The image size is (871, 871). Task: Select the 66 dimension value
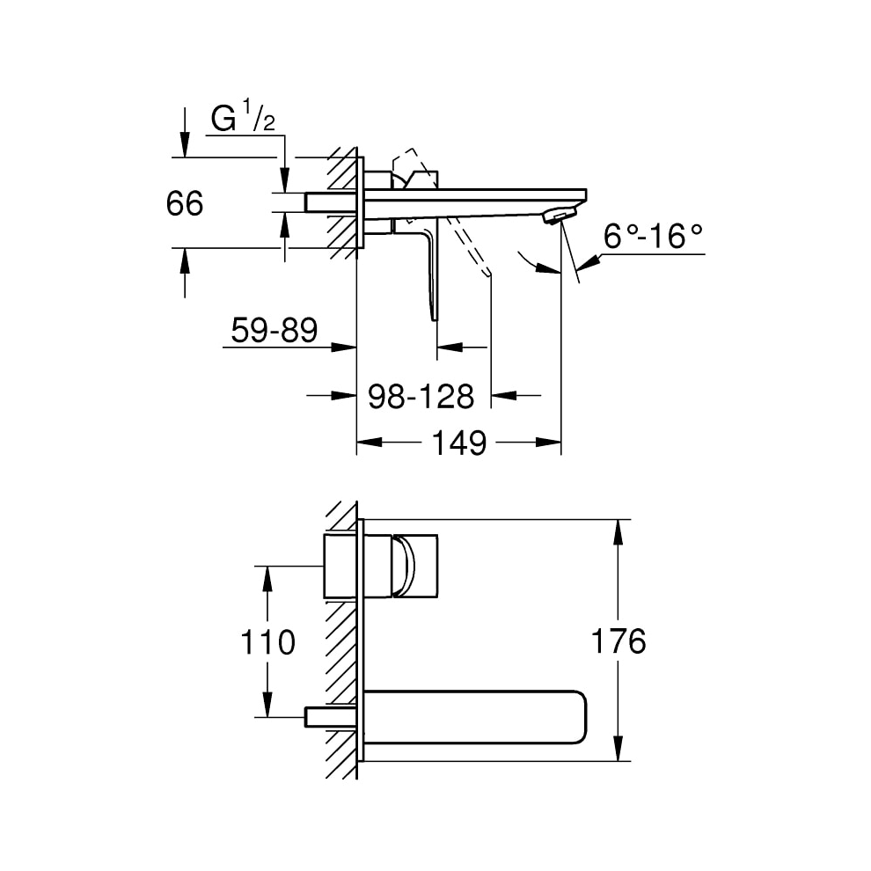click(184, 204)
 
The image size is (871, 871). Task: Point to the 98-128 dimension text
click(421, 396)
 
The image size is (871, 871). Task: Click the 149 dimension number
click(458, 443)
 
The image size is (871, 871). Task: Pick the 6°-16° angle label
click(654, 236)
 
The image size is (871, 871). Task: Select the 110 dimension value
click(268, 642)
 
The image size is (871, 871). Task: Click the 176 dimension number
click(620, 641)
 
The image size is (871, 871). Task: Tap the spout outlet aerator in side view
click(559, 216)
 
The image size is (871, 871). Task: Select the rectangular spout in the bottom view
click(475, 717)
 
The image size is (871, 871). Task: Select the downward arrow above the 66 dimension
click(184, 145)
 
